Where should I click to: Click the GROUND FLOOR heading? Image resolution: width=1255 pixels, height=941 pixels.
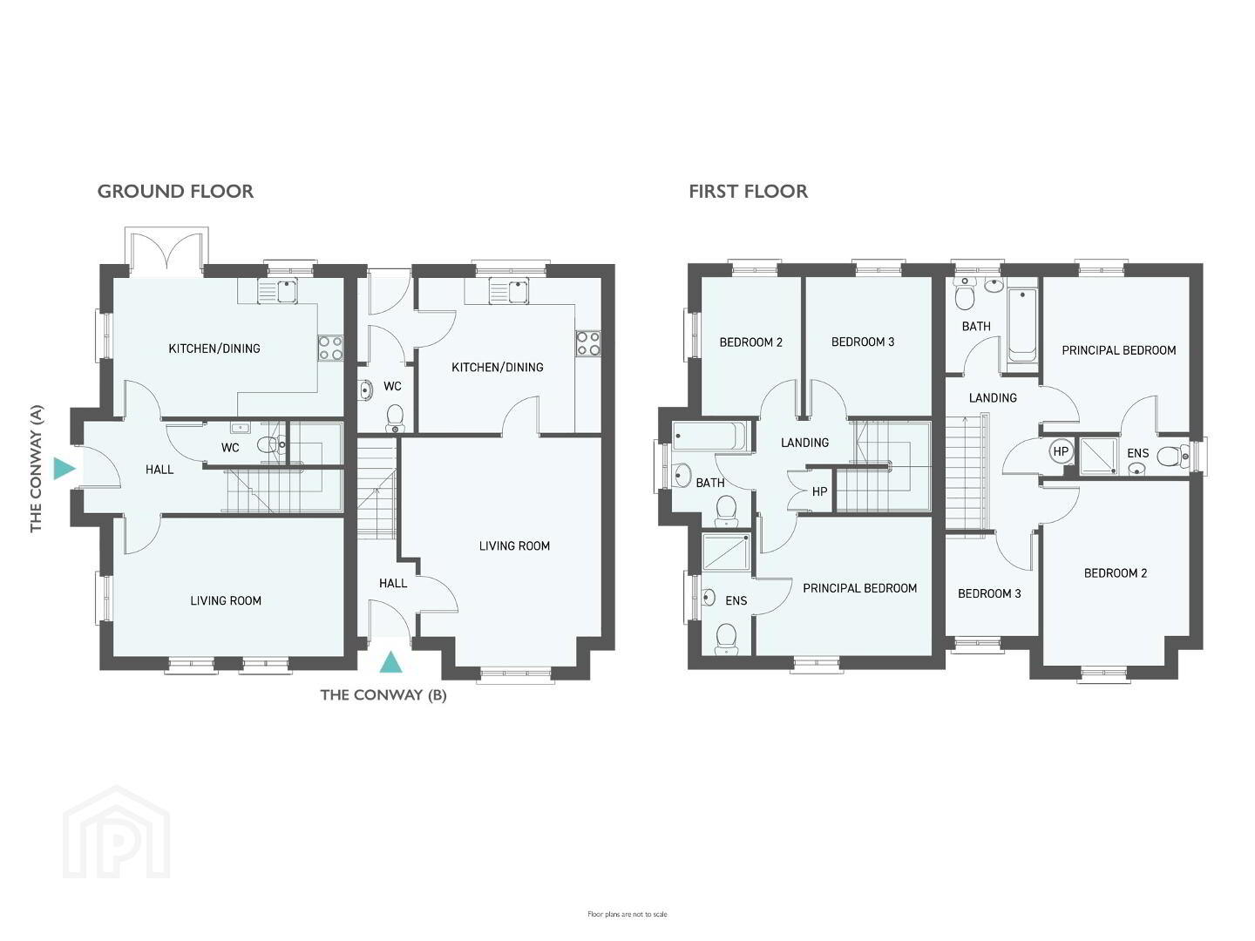pyautogui.click(x=175, y=192)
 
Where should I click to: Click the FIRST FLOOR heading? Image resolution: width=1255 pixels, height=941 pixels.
pyautogui.click(x=748, y=192)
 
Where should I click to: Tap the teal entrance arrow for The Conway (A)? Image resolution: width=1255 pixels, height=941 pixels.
pyautogui.click(x=64, y=469)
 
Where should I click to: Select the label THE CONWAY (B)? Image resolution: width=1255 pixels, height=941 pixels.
pyautogui.click(x=383, y=695)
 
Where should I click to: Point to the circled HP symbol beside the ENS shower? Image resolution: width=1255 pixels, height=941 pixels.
pyautogui.click(x=1061, y=451)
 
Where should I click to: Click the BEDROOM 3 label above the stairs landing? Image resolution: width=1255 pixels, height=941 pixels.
pyautogui.click(x=862, y=342)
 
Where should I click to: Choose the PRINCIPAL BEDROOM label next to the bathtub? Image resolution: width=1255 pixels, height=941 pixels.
pyautogui.click(x=1118, y=350)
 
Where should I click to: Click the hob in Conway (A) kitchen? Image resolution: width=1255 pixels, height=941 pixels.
pyautogui.click(x=330, y=348)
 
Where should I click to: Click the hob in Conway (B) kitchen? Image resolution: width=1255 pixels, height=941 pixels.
pyautogui.click(x=588, y=342)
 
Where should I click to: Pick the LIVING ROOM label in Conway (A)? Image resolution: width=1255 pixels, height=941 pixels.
pyautogui.click(x=225, y=600)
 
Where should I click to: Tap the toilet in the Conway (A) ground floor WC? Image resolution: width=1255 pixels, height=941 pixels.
pyautogui.click(x=271, y=444)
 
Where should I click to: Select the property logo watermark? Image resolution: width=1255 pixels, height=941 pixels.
pyautogui.click(x=116, y=834)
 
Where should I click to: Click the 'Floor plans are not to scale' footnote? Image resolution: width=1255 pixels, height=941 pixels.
pyautogui.click(x=627, y=914)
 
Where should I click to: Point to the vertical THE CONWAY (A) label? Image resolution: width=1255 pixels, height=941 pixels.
pyautogui.click(x=36, y=469)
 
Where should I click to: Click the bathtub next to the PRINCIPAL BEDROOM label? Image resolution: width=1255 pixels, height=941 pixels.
pyautogui.click(x=1021, y=326)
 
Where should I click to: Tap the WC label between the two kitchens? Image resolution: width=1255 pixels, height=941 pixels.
pyautogui.click(x=392, y=386)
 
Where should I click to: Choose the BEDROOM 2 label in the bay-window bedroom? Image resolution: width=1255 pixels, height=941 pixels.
pyautogui.click(x=1115, y=573)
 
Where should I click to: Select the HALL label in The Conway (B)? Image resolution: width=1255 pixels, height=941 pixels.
pyautogui.click(x=393, y=584)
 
